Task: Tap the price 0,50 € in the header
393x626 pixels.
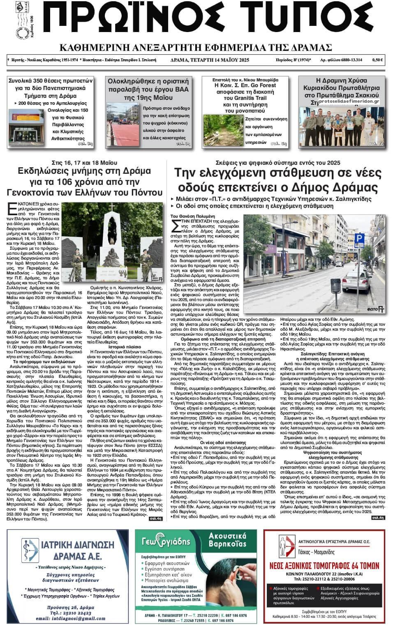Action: [377, 60]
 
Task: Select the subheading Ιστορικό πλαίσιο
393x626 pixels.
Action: [125, 346]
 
